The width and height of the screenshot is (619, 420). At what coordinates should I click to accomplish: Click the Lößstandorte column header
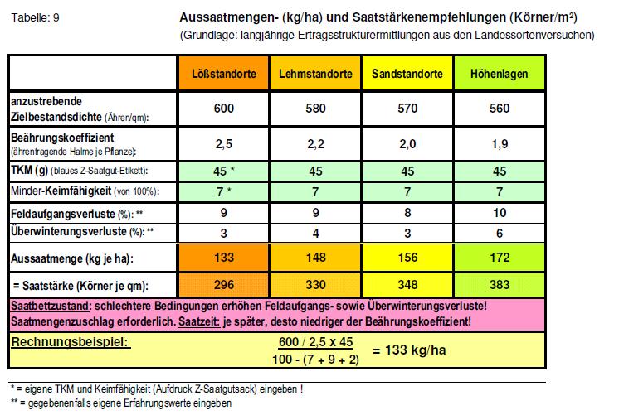(224, 75)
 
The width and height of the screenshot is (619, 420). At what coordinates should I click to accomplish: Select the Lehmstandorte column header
(316, 75)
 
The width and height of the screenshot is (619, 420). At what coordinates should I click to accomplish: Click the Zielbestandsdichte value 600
(224, 109)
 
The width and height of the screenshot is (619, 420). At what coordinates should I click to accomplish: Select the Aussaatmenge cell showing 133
(224, 258)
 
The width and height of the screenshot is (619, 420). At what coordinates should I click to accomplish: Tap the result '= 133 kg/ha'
(409, 350)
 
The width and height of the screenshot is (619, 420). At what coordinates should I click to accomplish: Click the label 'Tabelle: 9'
(33, 17)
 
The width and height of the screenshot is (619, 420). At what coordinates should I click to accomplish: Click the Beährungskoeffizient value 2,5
(224, 144)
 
